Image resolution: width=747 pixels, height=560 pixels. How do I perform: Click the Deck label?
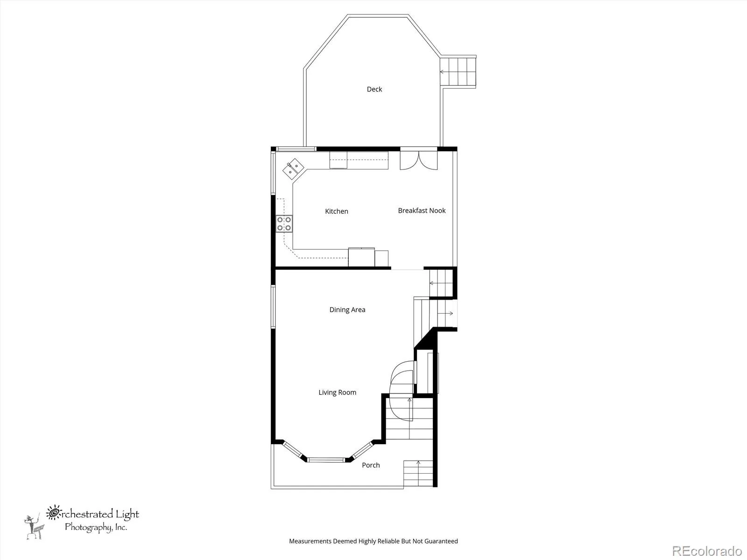point(374,90)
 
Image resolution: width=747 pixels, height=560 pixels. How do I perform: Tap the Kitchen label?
point(337,211)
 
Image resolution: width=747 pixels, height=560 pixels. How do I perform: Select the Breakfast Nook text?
point(422,210)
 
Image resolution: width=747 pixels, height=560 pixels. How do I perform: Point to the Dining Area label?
point(347,310)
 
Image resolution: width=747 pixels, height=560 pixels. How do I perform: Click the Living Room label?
point(337,392)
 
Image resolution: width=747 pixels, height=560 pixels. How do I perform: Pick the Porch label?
point(371,465)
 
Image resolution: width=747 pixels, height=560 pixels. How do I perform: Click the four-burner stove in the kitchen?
point(284,224)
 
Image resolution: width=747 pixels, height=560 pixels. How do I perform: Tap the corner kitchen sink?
point(293,168)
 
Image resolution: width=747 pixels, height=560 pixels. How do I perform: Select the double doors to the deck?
point(418,160)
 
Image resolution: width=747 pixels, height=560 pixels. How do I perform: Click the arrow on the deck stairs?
point(444,72)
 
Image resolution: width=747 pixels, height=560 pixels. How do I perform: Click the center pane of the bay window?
point(326,460)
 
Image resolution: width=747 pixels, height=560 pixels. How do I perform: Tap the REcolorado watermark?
point(707,551)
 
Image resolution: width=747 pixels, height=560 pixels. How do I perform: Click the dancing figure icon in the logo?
point(34,527)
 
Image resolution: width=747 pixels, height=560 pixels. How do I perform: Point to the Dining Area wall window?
point(273,307)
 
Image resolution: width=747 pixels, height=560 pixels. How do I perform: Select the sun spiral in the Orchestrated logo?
point(53,512)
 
